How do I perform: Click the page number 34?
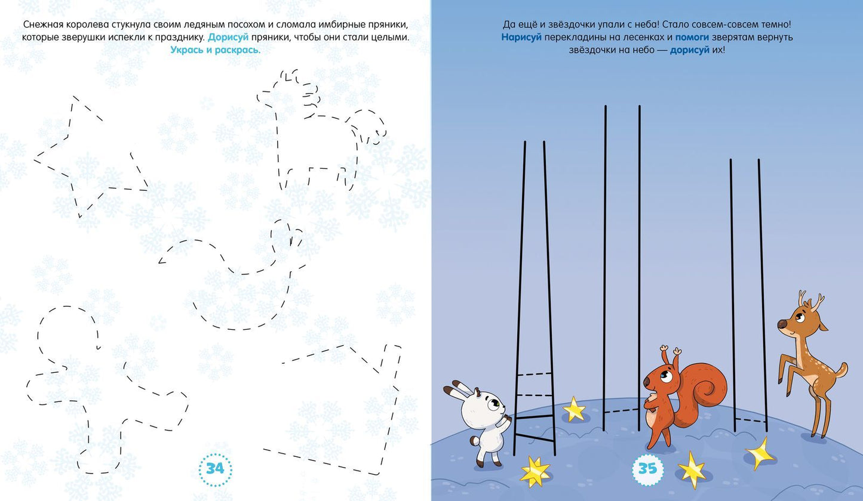click(215, 469)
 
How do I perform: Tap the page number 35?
click(647, 469)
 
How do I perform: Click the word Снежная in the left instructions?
click(43, 24)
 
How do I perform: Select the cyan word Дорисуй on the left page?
click(228, 38)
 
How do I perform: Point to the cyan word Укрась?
click(188, 50)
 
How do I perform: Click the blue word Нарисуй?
click(521, 38)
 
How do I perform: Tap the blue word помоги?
click(692, 38)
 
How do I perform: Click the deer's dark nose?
click(782, 324)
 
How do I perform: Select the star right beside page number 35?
click(692, 470)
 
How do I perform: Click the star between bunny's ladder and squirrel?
click(574, 409)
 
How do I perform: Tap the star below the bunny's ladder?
click(535, 471)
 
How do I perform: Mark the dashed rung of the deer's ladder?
click(750, 420)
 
